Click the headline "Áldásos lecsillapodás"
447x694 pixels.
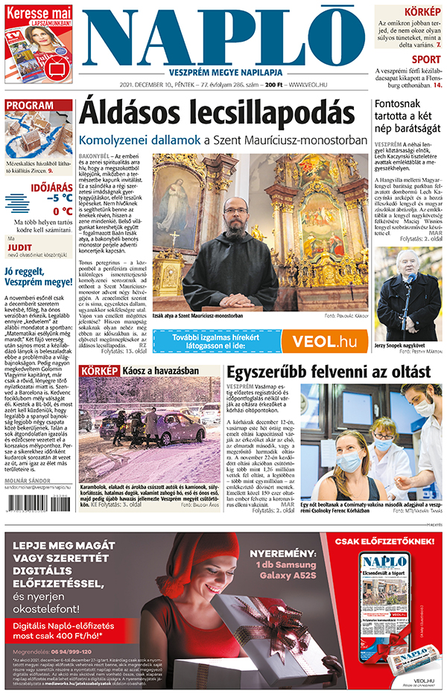[x=217, y=112]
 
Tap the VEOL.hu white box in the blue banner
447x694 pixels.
[x=325, y=340]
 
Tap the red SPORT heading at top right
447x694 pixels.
[x=425, y=60]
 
